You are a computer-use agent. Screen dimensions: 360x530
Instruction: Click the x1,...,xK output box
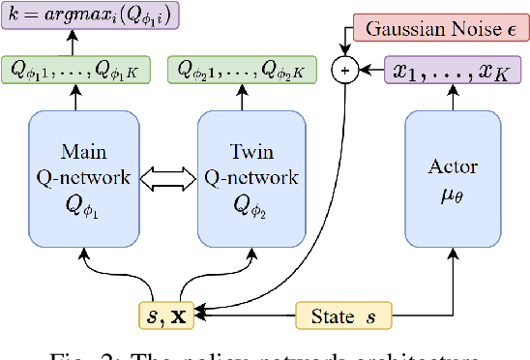451,70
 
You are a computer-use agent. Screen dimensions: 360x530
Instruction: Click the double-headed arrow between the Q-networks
168,178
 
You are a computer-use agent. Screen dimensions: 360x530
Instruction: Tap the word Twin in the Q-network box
252,152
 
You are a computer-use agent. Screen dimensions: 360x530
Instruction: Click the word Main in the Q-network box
84,152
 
